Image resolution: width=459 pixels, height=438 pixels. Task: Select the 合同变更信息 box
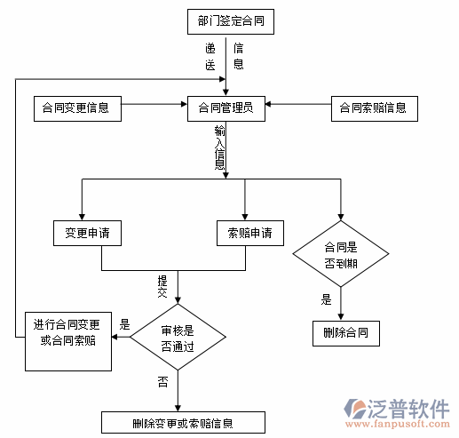pyautogui.click(x=75, y=108)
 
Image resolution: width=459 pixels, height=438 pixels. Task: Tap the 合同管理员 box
pyautogui.click(x=226, y=108)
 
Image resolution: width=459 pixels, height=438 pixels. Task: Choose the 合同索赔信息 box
pyautogui.click(x=373, y=108)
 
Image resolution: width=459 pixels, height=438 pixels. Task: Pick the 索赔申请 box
pyautogui.click(x=250, y=234)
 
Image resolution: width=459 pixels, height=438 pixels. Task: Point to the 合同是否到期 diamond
pyautogui.click(x=342, y=255)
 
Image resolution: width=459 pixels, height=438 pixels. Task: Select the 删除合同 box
pyautogui.click(x=346, y=334)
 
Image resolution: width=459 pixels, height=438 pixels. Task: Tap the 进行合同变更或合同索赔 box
pyautogui.click(x=68, y=331)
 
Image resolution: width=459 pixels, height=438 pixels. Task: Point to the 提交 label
pyautogui.click(x=162, y=285)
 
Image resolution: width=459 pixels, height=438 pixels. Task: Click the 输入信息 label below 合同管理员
pyautogui.click(x=219, y=147)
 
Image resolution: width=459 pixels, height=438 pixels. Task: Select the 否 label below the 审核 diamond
pyautogui.click(x=162, y=382)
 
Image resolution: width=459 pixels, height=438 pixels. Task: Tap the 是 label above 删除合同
pyautogui.click(x=327, y=299)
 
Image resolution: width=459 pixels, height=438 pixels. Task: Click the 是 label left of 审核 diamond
pyautogui.click(x=125, y=324)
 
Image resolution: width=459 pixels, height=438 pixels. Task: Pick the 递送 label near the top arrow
pyautogui.click(x=210, y=56)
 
